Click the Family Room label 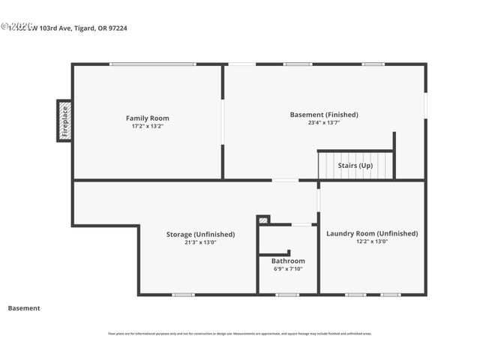[x=147, y=118]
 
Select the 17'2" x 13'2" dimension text [x=147, y=126]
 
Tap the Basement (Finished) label [x=324, y=115]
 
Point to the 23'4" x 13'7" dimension [x=324, y=122]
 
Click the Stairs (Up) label [x=355, y=165]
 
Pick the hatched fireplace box [x=64, y=121]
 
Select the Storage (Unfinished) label [x=200, y=234]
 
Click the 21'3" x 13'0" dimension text [x=200, y=242]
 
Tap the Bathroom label [x=288, y=261]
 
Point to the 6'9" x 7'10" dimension [x=288, y=268]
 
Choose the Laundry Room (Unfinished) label [x=372, y=233]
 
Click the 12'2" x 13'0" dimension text [x=372, y=241]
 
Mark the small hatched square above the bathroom [x=263, y=220]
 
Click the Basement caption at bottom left [x=24, y=308]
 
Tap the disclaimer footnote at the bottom [x=240, y=334]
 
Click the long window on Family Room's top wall [x=153, y=64]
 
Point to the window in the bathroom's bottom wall [x=287, y=295]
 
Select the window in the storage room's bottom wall [x=183, y=295]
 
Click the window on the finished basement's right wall [x=425, y=105]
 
